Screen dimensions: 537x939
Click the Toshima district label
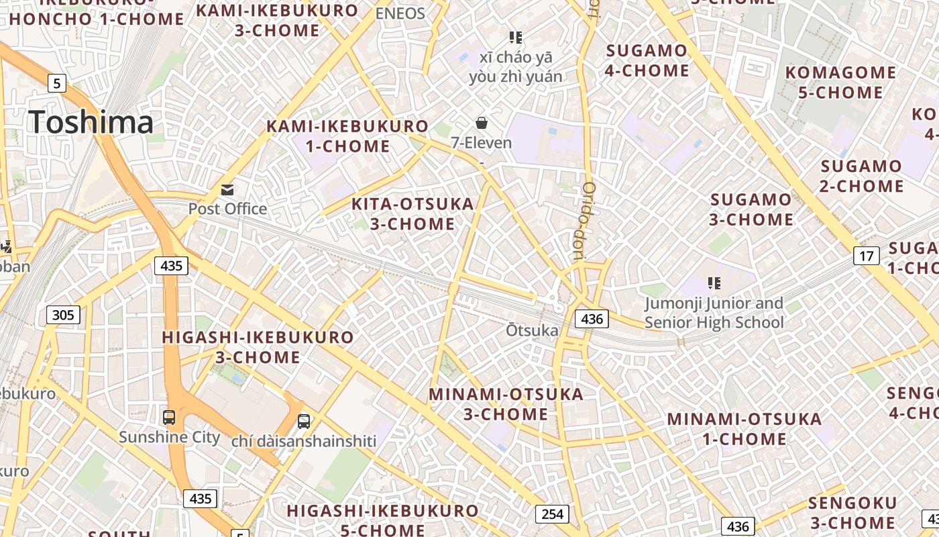tap(91, 122)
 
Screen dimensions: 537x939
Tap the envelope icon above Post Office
tap(227, 190)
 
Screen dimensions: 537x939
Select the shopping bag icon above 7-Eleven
tap(481, 123)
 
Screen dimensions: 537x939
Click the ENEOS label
tap(400, 13)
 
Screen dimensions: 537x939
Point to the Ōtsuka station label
tap(532, 330)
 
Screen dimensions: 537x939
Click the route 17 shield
tap(867, 256)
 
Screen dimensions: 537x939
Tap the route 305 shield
tap(64, 314)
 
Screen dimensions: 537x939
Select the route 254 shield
tap(552, 514)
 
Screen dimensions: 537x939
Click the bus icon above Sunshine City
tap(169, 418)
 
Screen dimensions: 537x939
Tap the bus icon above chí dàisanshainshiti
tap(304, 422)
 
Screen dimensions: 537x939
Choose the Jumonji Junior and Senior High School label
tap(714, 313)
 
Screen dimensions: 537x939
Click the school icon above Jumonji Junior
tap(714, 283)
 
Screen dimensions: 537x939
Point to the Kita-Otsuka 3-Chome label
tap(412, 213)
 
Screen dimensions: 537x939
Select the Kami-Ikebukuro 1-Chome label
tap(347, 136)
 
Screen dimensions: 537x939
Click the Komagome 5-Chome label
tap(840, 82)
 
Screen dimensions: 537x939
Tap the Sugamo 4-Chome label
tap(647, 60)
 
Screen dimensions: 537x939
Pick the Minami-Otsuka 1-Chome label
tap(744, 429)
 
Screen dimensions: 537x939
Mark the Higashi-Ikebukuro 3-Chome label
tap(258, 346)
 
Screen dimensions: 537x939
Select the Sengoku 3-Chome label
tap(852, 513)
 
